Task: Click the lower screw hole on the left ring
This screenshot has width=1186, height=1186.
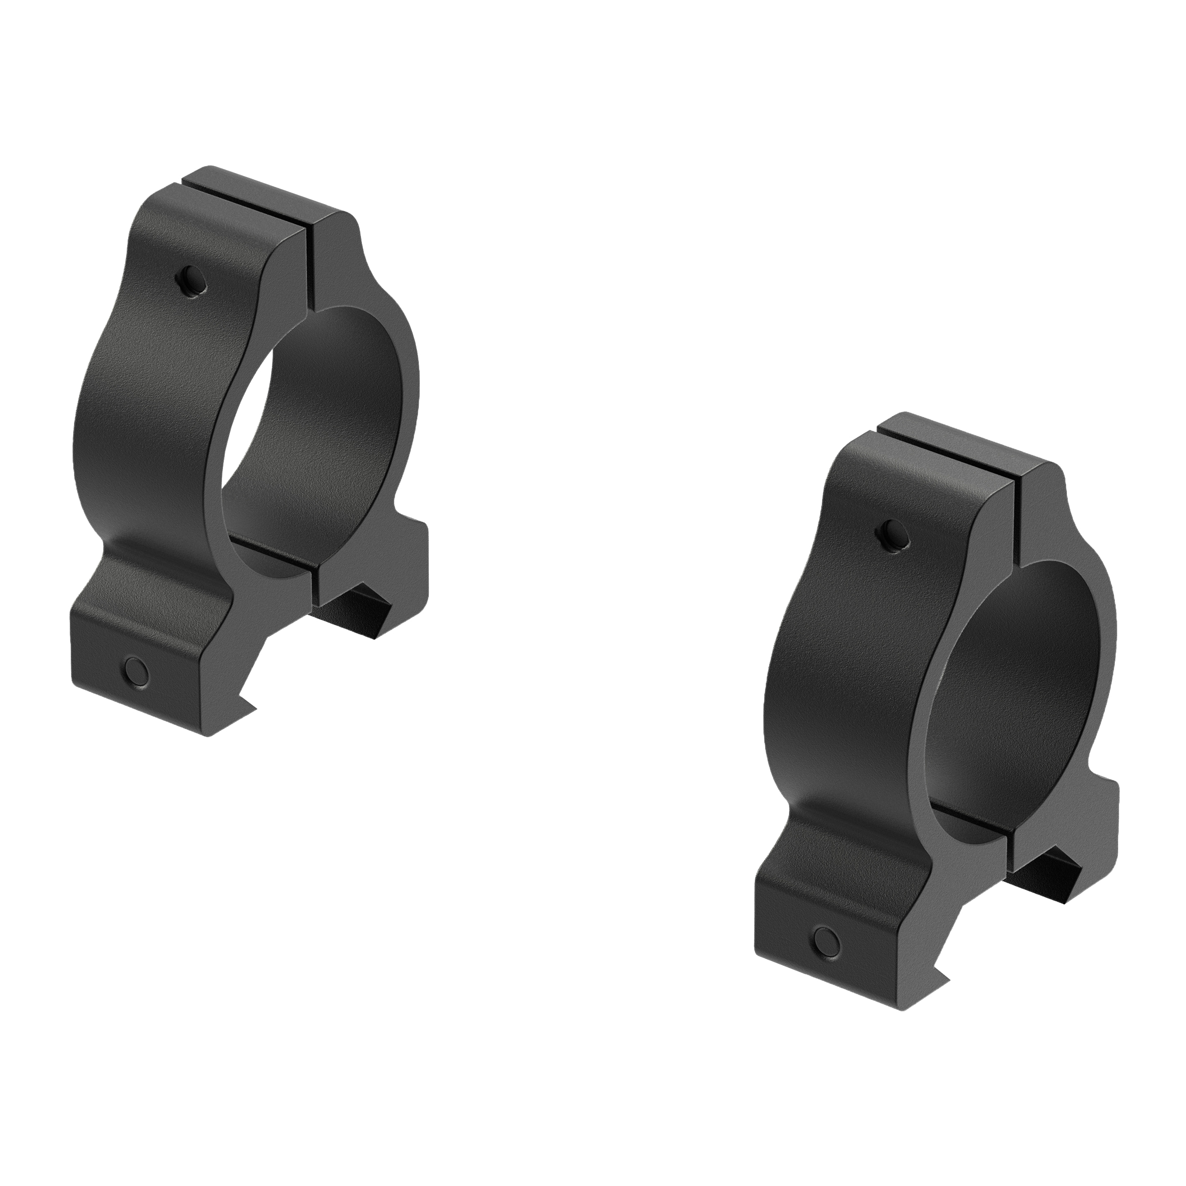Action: point(136,671)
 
